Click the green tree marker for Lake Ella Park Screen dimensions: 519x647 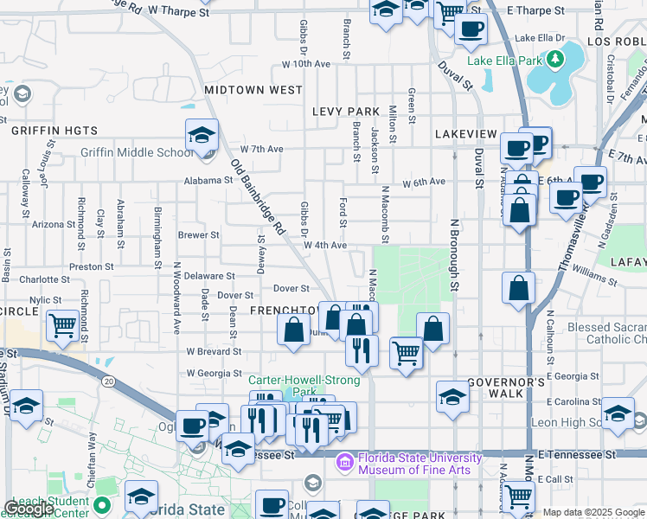tap(552, 60)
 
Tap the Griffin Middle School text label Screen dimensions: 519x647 tap(137, 153)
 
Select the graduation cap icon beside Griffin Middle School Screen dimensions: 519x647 tap(201, 136)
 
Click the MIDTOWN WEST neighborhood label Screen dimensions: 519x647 tap(253, 90)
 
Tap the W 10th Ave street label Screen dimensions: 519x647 tap(306, 65)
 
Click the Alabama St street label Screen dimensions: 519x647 tap(208, 181)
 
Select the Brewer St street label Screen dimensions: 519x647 tap(198, 234)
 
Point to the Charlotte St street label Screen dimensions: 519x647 tap(43, 279)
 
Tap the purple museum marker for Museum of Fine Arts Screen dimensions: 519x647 tap(346, 463)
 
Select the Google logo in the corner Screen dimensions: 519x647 tap(30, 509)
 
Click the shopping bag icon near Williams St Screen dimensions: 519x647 tap(518, 288)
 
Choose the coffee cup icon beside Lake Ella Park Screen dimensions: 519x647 tap(471, 29)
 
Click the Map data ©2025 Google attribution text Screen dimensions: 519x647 tap(593, 512)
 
